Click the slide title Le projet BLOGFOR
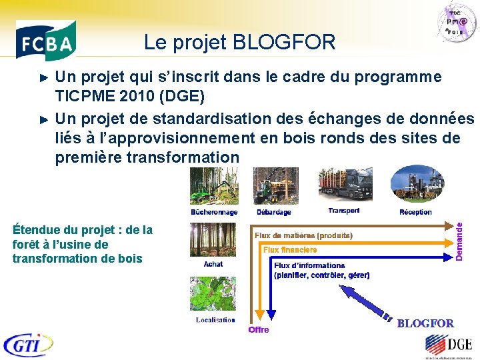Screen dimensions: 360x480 [239, 43]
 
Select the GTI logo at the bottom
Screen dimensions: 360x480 [28, 345]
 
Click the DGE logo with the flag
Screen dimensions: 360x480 [448, 345]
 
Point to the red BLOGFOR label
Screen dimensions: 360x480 [425, 323]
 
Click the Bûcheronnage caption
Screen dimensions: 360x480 [213, 212]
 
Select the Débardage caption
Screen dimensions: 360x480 [273, 212]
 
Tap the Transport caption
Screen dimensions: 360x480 [343, 211]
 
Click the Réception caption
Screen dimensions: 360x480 [415, 212]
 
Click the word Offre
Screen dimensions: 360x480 [259, 330]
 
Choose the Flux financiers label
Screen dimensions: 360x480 [290, 250]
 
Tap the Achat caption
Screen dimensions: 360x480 [213, 264]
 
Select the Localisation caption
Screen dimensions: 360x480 [215, 320]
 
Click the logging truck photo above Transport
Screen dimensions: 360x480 [345, 185]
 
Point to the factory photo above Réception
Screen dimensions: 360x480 [415, 185]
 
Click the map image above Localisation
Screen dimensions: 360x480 [213, 293]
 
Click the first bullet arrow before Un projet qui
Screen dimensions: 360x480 [45, 78]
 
